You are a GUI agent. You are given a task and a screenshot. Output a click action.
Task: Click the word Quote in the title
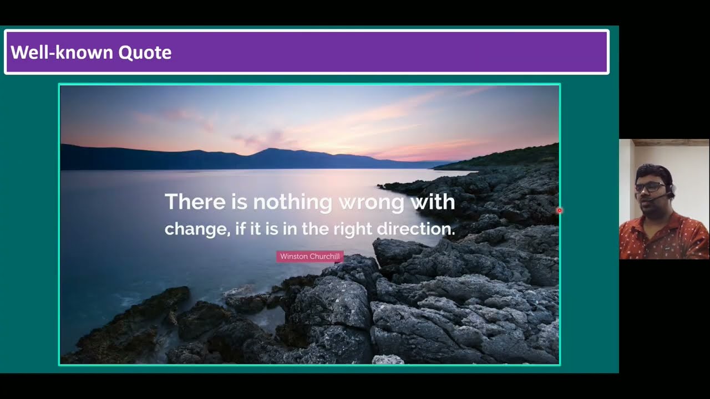(145, 53)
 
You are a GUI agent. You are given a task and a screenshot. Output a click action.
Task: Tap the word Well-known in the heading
(62, 52)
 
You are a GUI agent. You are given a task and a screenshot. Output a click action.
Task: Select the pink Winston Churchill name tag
(310, 257)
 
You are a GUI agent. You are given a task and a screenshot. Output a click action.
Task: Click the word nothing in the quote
(292, 202)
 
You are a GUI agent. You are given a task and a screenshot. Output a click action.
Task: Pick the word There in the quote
(195, 201)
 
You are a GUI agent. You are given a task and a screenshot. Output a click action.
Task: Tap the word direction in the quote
(415, 228)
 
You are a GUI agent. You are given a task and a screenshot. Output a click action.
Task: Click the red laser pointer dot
(560, 210)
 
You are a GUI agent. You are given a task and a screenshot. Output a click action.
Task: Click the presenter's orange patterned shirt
(664, 238)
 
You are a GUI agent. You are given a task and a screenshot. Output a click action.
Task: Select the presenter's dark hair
(655, 172)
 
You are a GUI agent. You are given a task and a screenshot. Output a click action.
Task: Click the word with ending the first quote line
(433, 201)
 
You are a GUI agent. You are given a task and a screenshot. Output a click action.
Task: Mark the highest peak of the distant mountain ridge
(270, 149)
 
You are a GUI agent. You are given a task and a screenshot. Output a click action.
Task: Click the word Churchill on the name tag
(324, 257)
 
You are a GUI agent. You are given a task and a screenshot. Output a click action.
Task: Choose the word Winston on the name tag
(294, 257)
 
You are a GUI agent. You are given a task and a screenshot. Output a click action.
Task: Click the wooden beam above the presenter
(671, 142)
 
